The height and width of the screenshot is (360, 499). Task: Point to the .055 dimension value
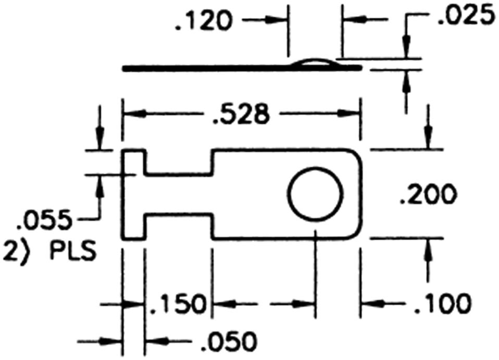(x=44, y=220)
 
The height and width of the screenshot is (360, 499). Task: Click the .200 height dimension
(x=428, y=194)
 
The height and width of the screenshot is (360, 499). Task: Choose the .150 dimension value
(x=176, y=304)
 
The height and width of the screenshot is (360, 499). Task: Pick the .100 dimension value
(x=442, y=304)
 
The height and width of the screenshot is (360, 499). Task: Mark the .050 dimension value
(x=229, y=342)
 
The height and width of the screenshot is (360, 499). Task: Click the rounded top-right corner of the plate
(x=357, y=154)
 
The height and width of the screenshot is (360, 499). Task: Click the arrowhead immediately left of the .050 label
(x=156, y=342)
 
